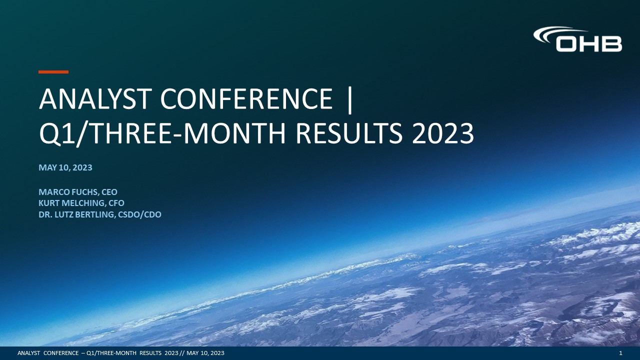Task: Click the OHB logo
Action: (577, 39)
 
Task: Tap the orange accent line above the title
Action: (53, 72)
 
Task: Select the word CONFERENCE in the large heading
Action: (246, 99)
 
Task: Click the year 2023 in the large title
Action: (442, 133)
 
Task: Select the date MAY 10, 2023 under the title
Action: (65, 167)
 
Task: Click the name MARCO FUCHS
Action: (68, 192)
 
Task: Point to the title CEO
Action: (109, 192)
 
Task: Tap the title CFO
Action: (116, 203)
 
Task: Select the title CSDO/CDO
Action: (139, 214)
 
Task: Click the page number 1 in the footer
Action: (620, 353)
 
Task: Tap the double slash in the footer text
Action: (182, 353)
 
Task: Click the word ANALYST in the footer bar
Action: (28, 353)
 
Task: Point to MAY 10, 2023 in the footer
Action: (205, 353)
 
